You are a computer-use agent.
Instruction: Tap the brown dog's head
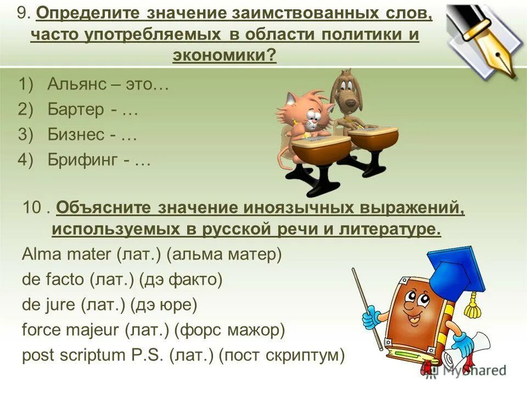[345, 93]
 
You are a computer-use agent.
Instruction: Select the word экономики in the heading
[222, 55]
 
